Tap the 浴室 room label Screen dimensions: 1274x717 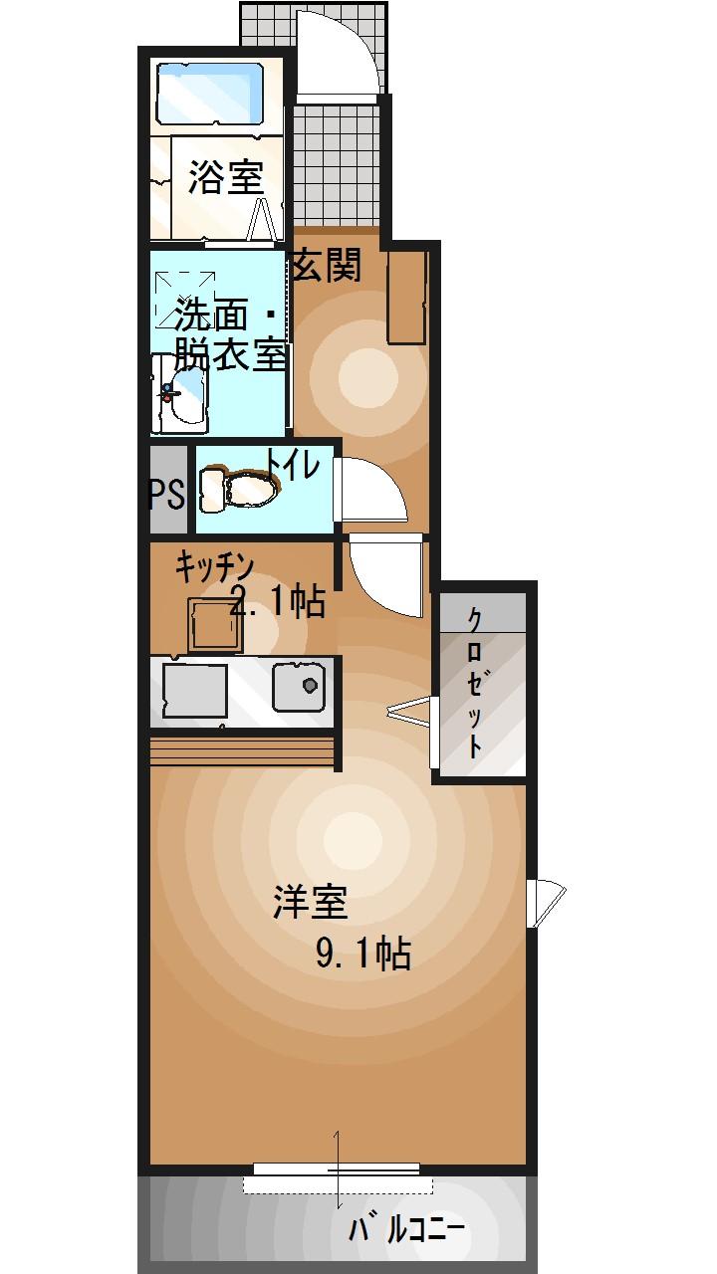(225, 178)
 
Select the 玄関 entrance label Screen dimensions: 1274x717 (326, 267)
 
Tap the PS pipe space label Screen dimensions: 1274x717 (167, 494)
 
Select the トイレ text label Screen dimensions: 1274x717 (293, 465)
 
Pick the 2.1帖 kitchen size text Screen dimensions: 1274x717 (278, 601)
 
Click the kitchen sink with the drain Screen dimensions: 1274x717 (301, 688)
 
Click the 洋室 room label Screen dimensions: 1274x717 (310, 902)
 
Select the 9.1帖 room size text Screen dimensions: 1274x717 (363, 955)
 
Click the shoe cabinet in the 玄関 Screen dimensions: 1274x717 (407, 296)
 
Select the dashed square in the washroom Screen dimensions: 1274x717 (186, 296)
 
